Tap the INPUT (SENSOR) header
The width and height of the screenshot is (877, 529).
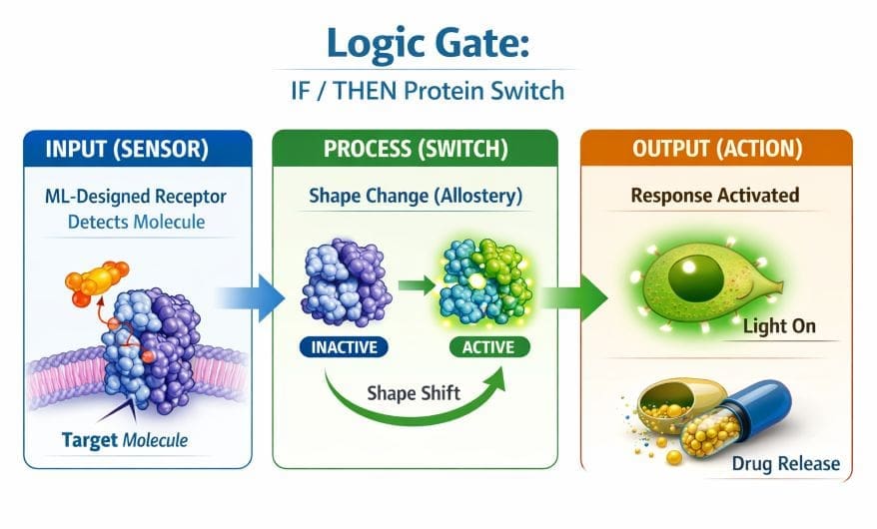127,151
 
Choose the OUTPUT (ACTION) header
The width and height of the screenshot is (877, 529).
716,150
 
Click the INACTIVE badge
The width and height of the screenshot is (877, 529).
343,348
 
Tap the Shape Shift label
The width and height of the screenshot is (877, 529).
413,392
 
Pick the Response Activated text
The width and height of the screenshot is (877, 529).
715,195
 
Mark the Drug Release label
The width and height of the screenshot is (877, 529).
785,463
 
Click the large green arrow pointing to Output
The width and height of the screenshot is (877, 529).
578,296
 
